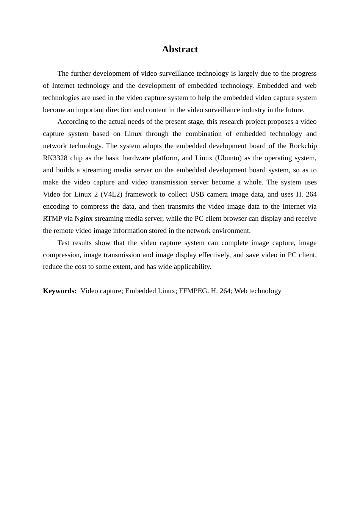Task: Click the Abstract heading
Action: click(180, 49)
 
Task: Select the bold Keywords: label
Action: click(59, 291)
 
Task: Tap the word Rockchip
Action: click(303, 146)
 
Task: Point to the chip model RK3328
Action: click(55, 158)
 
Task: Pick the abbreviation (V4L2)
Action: click(111, 194)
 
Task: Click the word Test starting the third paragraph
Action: click(64, 243)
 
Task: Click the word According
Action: click(72, 122)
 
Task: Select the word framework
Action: click(145, 194)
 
